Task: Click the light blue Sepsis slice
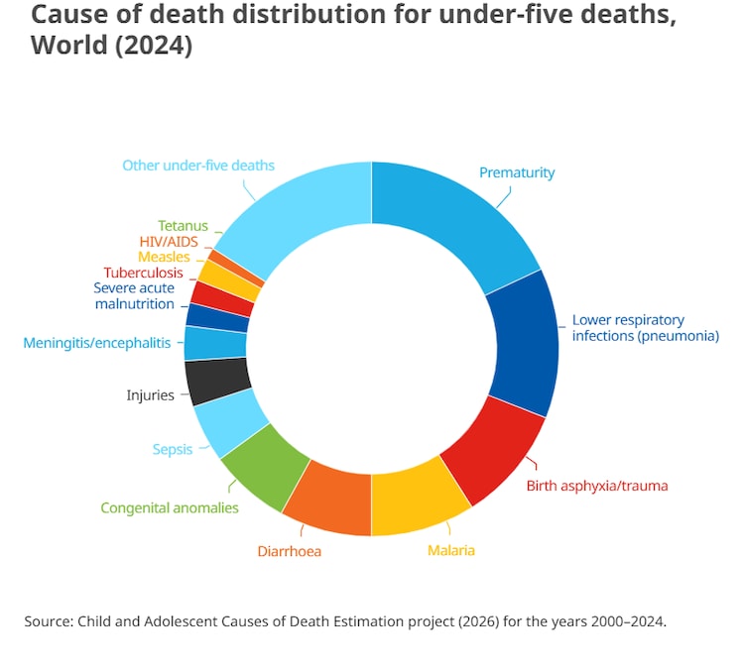(229, 422)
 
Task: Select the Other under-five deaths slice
(298, 213)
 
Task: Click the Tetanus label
(183, 226)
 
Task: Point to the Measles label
(164, 257)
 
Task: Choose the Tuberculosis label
(143, 273)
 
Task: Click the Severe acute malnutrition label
(134, 295)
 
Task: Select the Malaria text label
(450, 550)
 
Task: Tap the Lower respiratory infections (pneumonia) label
(645, 328)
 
